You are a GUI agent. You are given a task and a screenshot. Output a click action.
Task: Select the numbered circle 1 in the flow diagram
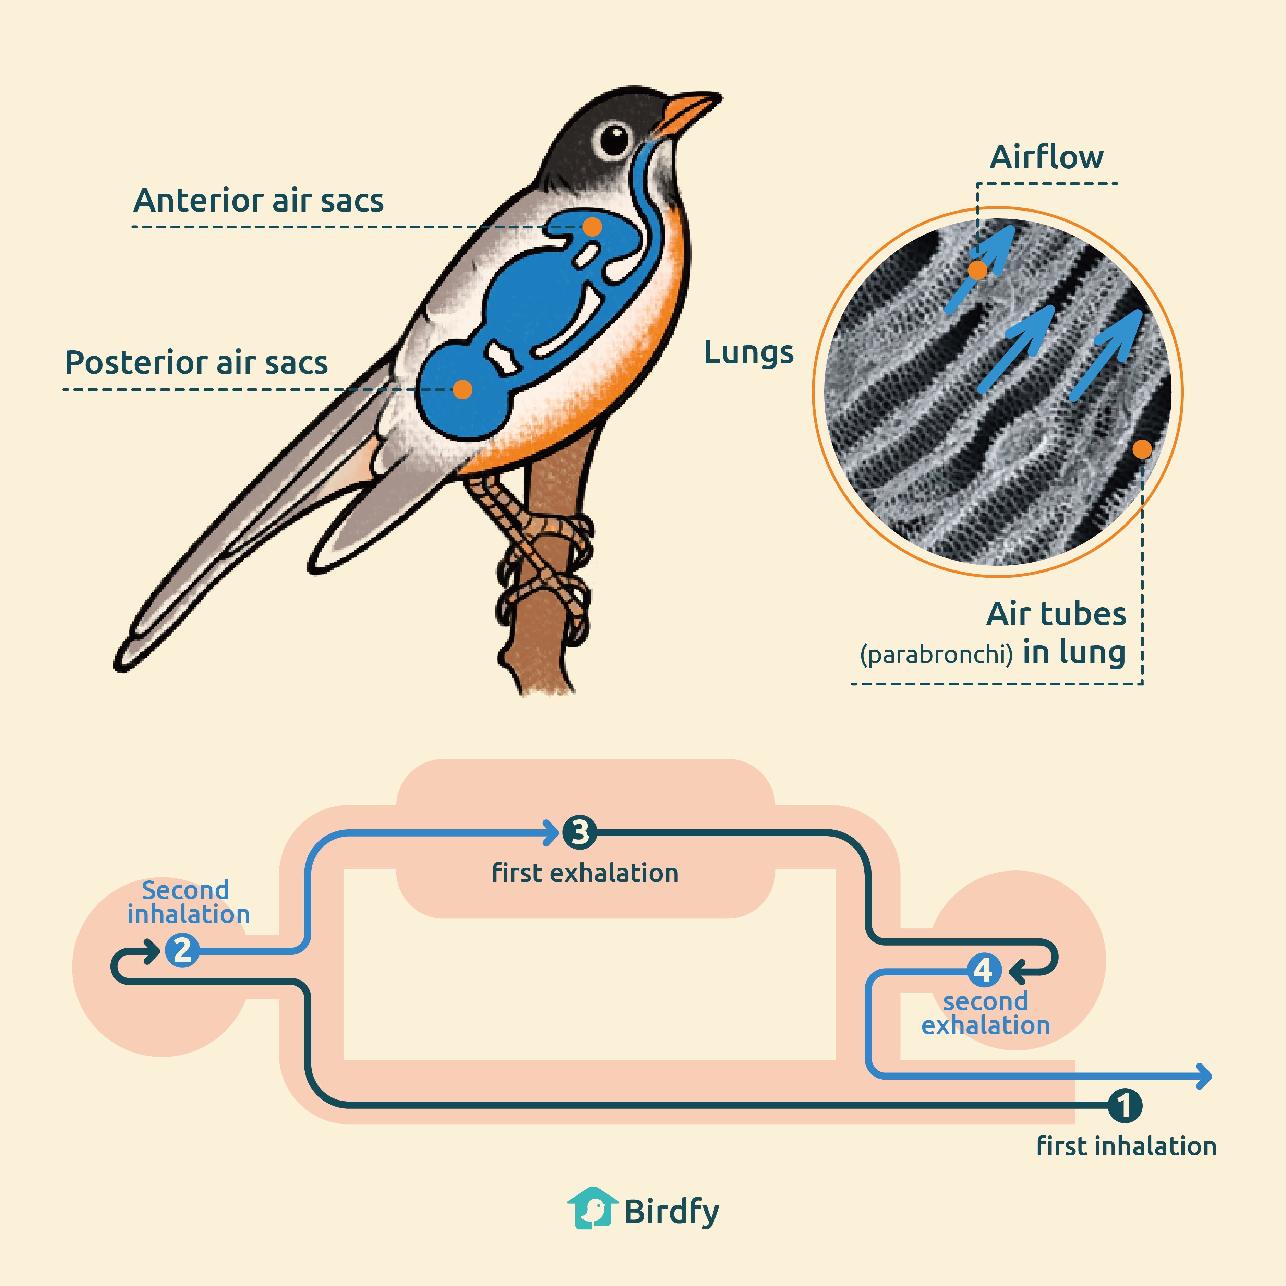pos(1124,1106)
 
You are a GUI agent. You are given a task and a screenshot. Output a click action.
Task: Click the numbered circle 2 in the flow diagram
pos(182,950)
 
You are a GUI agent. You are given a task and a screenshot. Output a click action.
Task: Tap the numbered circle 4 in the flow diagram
pos(983,971)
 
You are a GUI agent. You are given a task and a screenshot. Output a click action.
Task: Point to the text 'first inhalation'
pos(1126,1146)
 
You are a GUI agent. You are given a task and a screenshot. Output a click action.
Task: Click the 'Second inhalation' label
pos(188,902)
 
